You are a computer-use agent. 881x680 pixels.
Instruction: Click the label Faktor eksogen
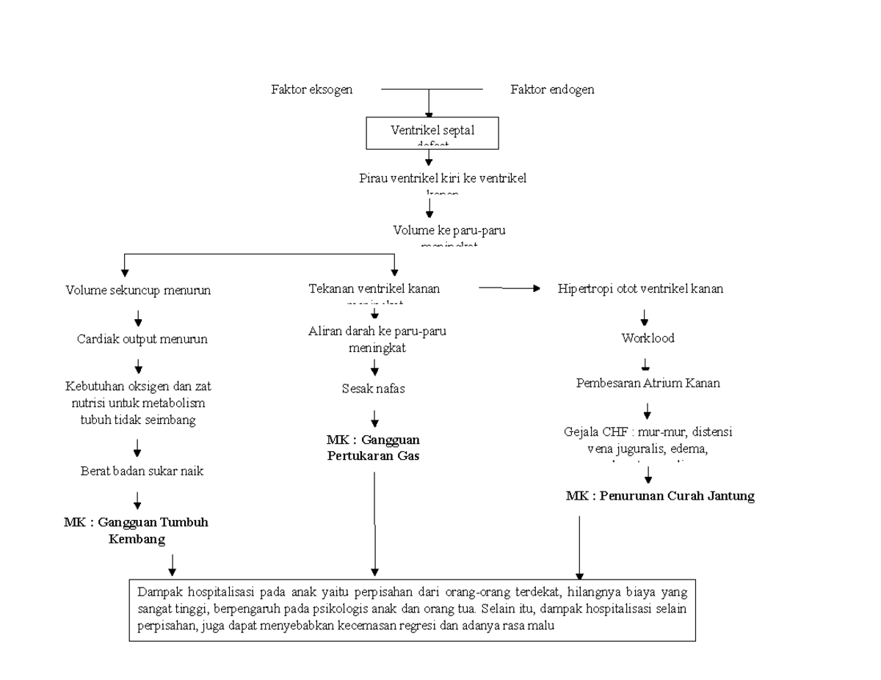click(x=312, y=89)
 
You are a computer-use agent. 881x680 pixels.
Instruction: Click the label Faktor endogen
click(x=552, y=89)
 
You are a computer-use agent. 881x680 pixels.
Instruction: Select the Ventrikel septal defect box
click(x=432, y=133)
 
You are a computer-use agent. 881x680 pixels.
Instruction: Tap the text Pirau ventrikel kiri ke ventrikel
click(x=442, y=178)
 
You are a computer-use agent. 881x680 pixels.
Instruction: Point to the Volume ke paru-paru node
click(x=449, y=230)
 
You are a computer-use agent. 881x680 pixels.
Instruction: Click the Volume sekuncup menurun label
click(x=138, y=290)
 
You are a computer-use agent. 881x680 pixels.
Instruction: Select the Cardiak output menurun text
click(x=142, y=339)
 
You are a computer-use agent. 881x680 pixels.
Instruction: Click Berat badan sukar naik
click(x=142, y=471)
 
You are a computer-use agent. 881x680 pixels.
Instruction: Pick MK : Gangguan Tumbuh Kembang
click(x=136, y=530)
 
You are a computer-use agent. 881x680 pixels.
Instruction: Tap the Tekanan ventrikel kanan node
click(x=374, y=288)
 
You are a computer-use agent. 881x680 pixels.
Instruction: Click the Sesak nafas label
click(x=373, y=389)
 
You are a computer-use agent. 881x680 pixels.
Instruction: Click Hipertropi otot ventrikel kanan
click(x=641, y=288)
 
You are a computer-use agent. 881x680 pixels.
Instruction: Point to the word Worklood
click(x=648, y=339)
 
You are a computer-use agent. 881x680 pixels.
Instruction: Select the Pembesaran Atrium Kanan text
click(x=648, y=382)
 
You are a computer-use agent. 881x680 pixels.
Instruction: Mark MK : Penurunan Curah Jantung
click(x=660, y=496)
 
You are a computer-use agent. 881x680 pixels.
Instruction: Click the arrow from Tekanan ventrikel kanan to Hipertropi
click(x=509, y=289)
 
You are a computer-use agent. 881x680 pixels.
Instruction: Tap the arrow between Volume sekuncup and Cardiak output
click(x=138, y=318)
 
